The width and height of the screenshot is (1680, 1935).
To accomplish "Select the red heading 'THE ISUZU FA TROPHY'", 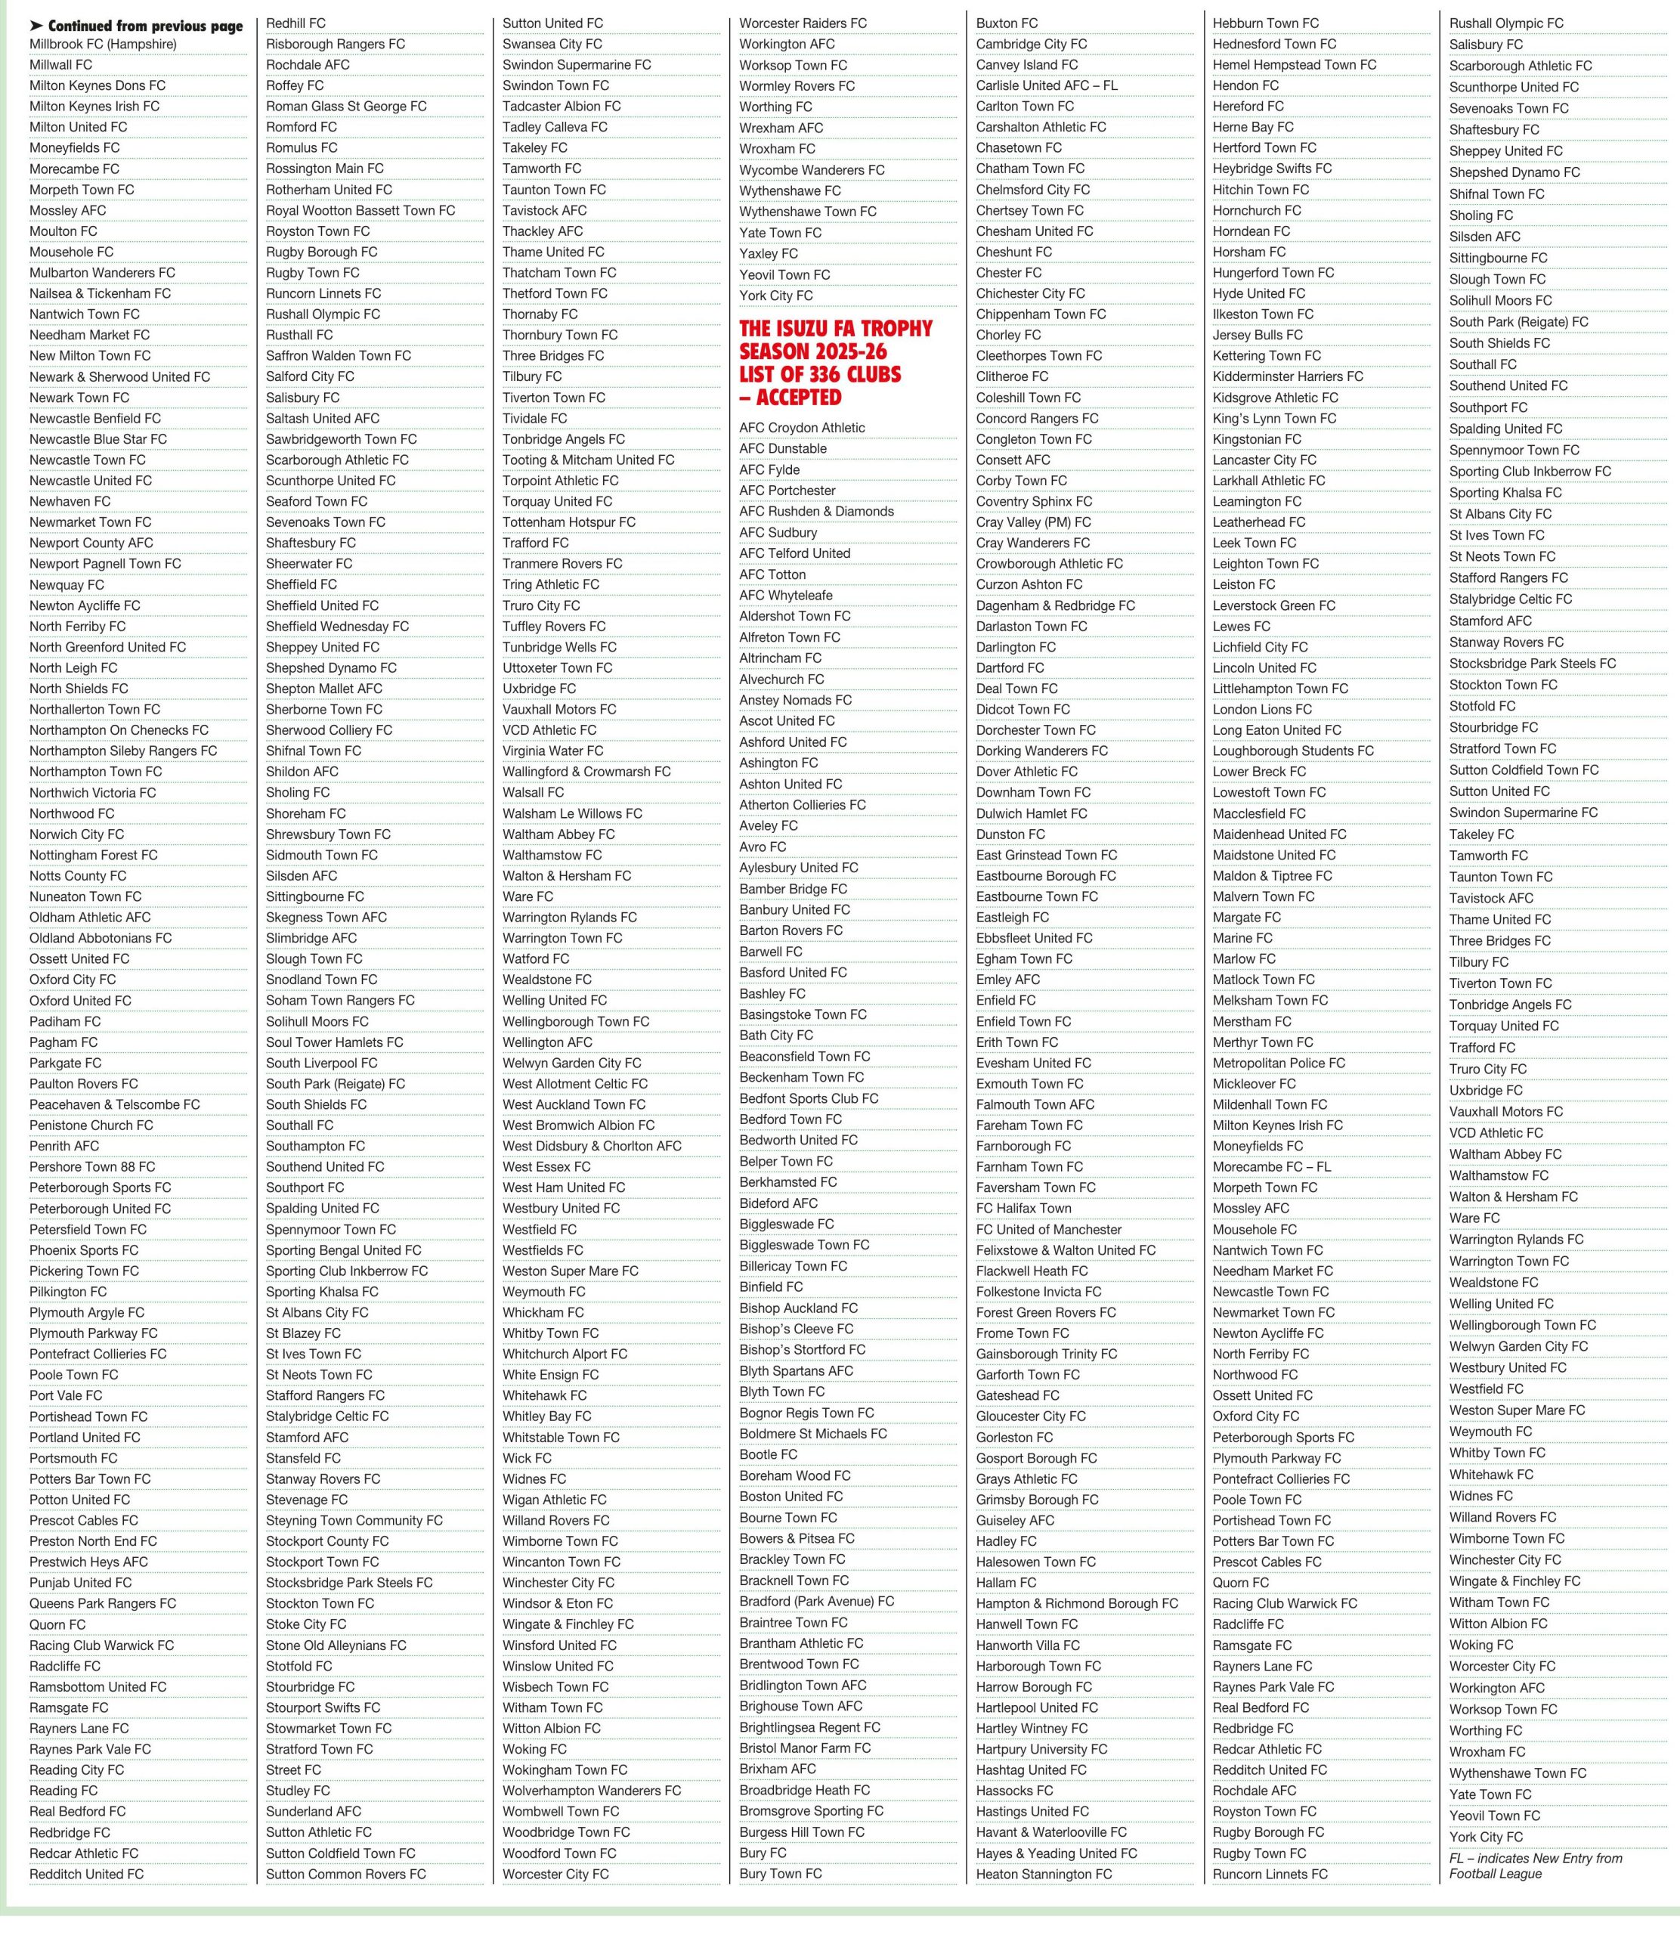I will click(835, 329).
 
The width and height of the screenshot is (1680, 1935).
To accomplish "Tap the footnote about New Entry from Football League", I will click(1535, 1865).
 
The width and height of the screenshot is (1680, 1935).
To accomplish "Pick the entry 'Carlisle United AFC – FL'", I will click(1046, 85).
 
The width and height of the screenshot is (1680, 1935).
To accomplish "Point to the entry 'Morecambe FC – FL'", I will click(1271, 1167).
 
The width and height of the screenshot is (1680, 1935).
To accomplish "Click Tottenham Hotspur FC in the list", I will click(568, 522).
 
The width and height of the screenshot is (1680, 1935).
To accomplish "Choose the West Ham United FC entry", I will click(564, 1187).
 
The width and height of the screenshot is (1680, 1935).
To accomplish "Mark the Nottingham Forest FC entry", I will click(93, 855).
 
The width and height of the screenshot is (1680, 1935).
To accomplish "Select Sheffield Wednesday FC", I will click(336, 627).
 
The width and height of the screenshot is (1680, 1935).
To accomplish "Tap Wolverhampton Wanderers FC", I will click(592, 1791).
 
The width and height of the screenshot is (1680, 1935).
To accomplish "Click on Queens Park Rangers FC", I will click(102, 1603).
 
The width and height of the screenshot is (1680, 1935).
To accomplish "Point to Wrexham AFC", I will click(781, 128).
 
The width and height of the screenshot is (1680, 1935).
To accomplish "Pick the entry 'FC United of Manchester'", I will click(1048, 1229).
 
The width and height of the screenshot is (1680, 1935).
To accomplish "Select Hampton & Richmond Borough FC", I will click(1076, 1603).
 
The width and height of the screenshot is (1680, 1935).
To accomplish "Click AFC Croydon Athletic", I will click(802, 428).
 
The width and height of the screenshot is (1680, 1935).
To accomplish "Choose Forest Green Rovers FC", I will click(1045, 1312).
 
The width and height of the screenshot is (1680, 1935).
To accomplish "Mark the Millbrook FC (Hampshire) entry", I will click(102, 44).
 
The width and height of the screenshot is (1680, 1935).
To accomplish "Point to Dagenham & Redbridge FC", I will click(1055, 605).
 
